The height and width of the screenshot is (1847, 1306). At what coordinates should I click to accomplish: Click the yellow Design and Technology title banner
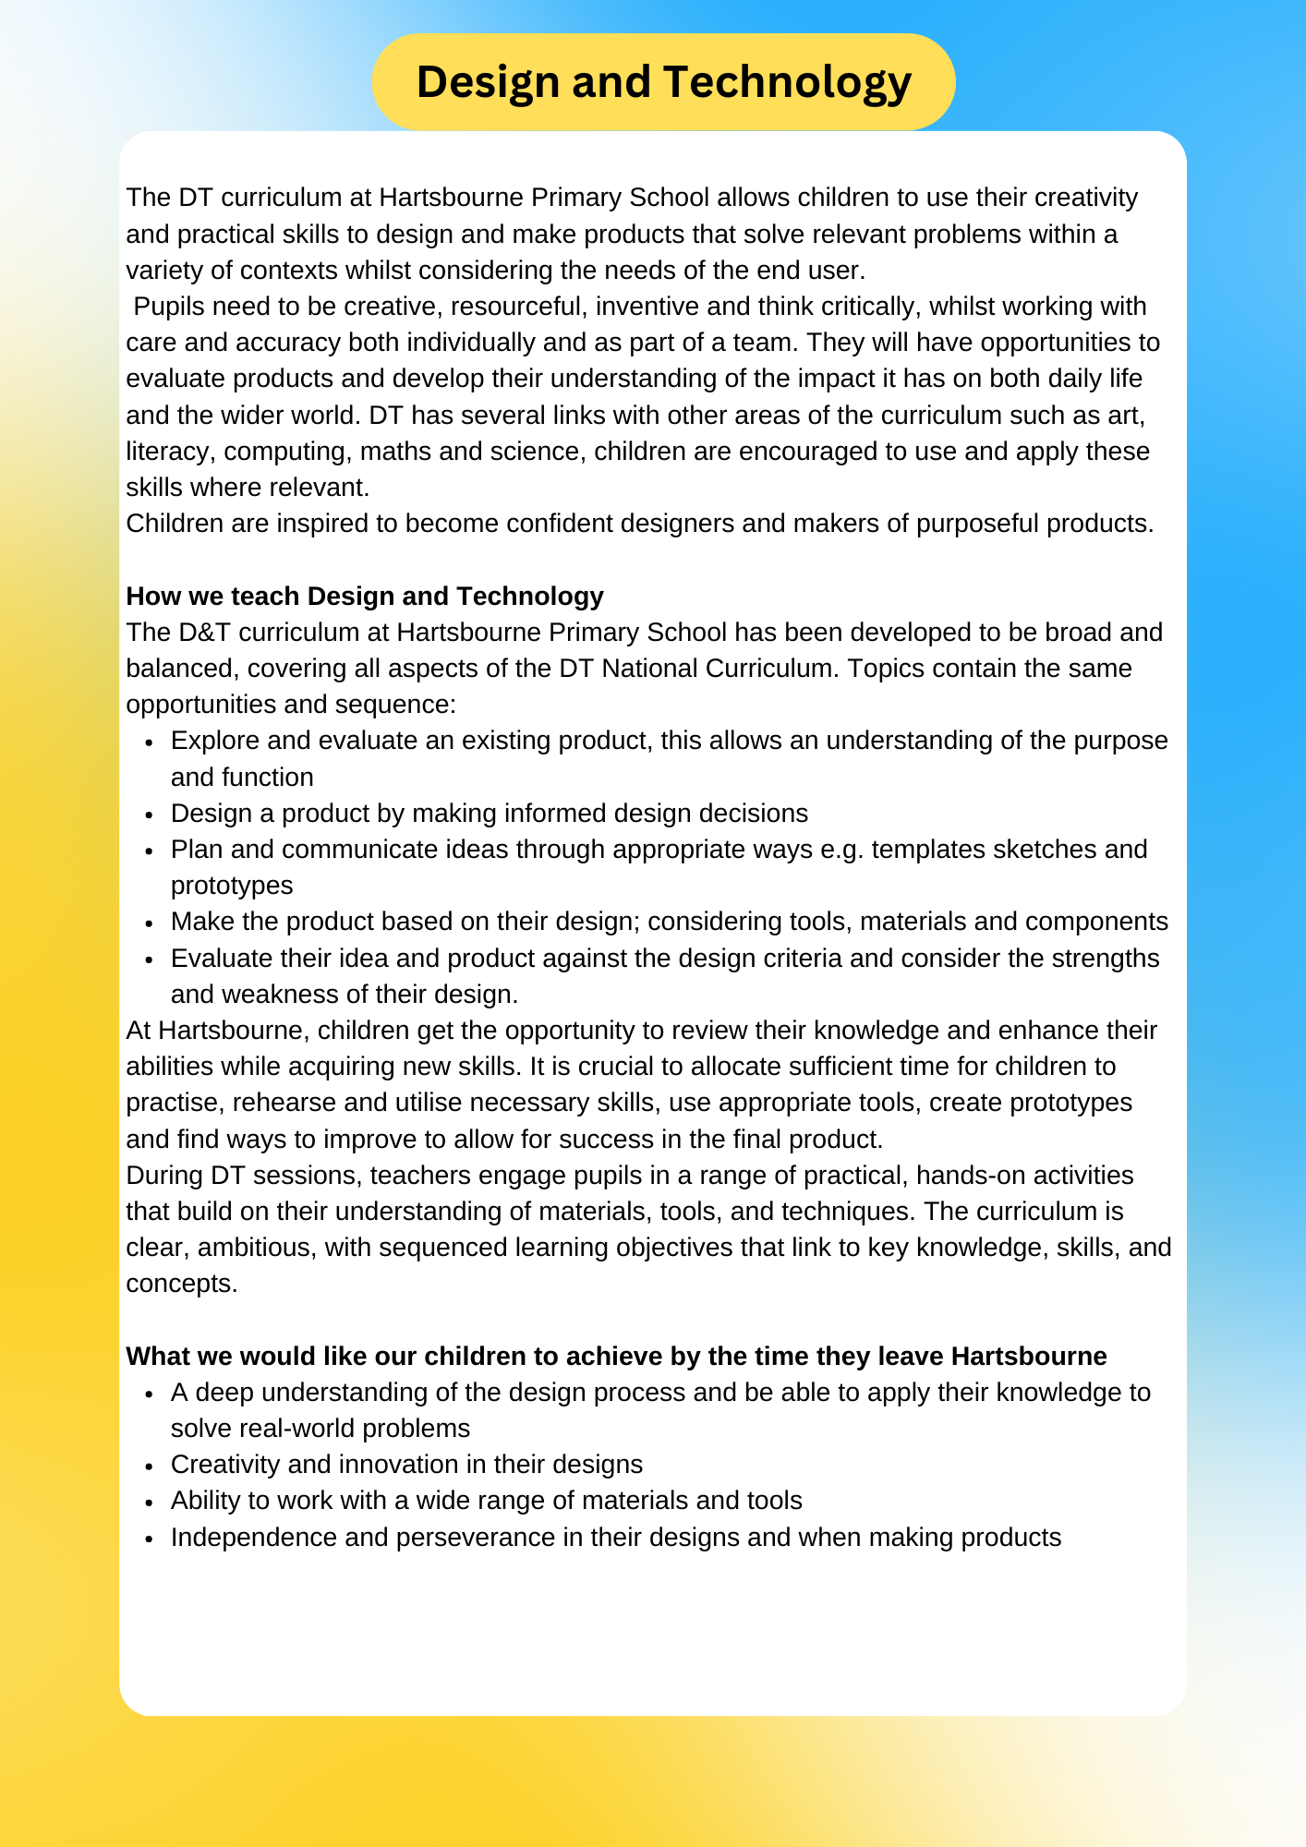[663, 81]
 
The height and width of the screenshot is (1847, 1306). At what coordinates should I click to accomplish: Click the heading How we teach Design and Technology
[364, 597]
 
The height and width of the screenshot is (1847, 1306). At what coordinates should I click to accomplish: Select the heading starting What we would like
[615, 1356]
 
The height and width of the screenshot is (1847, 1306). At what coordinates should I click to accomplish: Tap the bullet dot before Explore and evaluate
[149, 742]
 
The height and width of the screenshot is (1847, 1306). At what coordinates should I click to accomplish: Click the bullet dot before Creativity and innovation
[149, 1466]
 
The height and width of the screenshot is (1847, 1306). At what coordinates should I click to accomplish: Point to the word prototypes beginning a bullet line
[232, 886]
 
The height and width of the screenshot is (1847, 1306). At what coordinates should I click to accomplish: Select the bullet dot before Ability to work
[149, 1502]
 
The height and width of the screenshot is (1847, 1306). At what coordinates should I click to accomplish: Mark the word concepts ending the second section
[181, 1284]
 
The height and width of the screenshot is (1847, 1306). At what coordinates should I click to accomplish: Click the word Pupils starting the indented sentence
[171, 307]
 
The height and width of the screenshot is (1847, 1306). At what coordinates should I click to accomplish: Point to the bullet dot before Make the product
[149, 923]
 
